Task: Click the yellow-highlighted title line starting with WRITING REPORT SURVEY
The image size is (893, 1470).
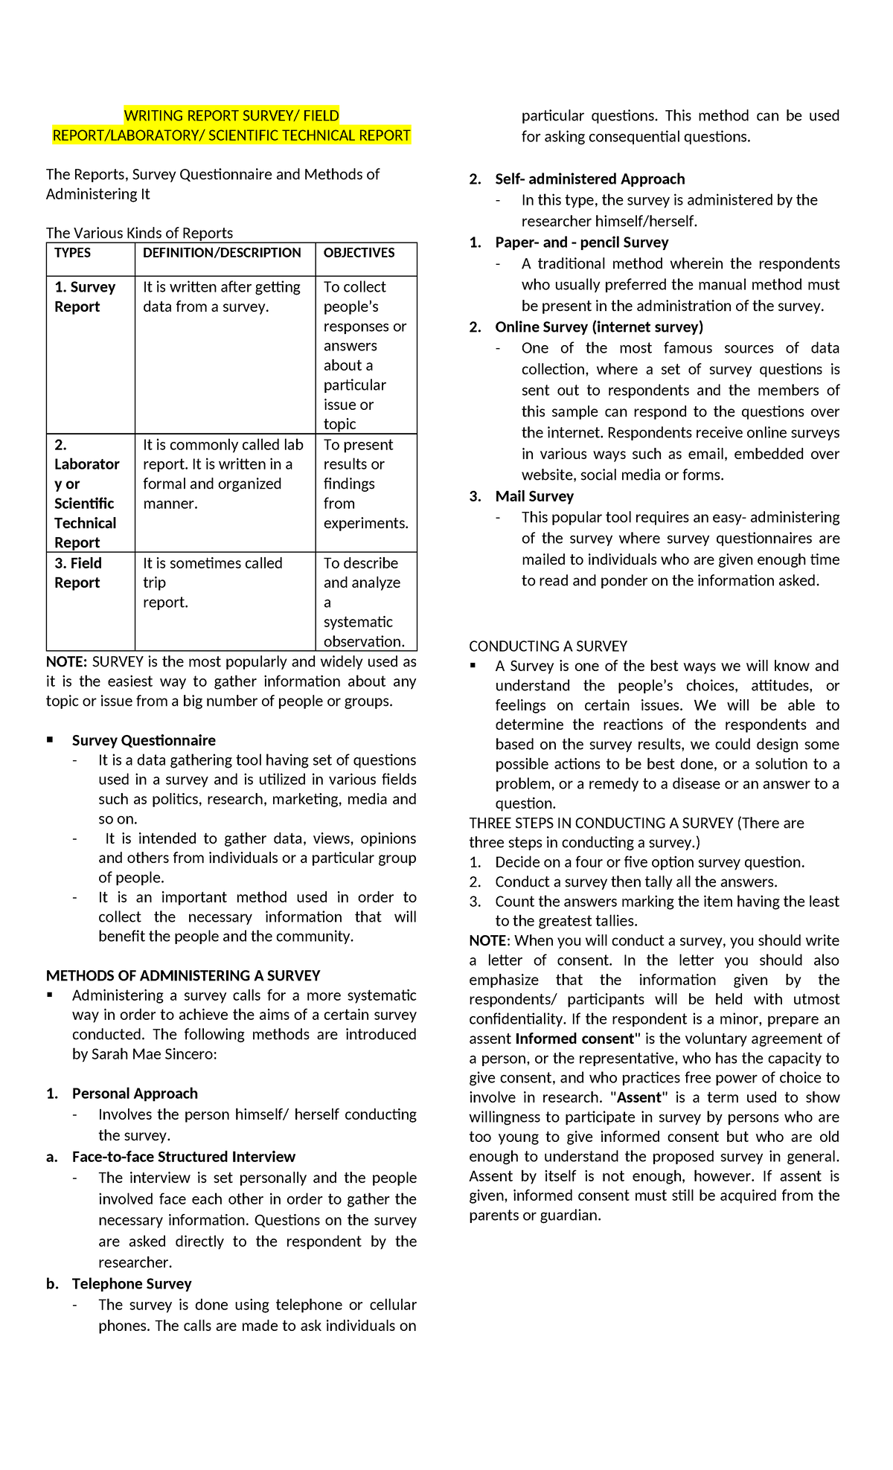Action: pyautogui.click(x=231, y=115)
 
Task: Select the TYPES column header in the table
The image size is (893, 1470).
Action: pyautogui.click(x=72, y=253)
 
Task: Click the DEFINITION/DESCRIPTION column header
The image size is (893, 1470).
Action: pyautogui.click(x=222, y=253)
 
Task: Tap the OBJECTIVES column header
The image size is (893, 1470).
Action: pyautogui.click(x=359, y=253)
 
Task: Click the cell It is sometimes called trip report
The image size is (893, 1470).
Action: pyautogui.click(x=212, y=582)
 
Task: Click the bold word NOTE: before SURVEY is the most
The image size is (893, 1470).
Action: pyautogui.click(x=66, y=662)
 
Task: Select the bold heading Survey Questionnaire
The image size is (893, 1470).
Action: pyautogui.click(x=144, y=740)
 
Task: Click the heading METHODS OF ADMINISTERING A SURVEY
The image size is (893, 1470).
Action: pyautogui.click(x=183, y=975)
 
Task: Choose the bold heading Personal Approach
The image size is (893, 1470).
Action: pyautogui.click(x=135, y=1094)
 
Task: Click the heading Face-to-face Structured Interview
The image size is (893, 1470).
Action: pyautogui.click(x=183, y=1157)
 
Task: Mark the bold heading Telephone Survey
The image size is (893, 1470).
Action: pyautogui.click(x=132, y=1283)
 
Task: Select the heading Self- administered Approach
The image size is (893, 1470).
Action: pyautogui.click(x=589, y=179)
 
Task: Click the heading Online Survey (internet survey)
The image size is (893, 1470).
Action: pyautogui.click(x=598, y=327)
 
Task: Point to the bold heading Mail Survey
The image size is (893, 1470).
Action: pyautogui.click(x=534, y=496)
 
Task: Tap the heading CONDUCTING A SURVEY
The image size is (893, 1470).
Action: pyautogui.click(x=548, y=646)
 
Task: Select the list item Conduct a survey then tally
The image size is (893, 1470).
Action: pyautogui.click(x=636, y=882)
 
